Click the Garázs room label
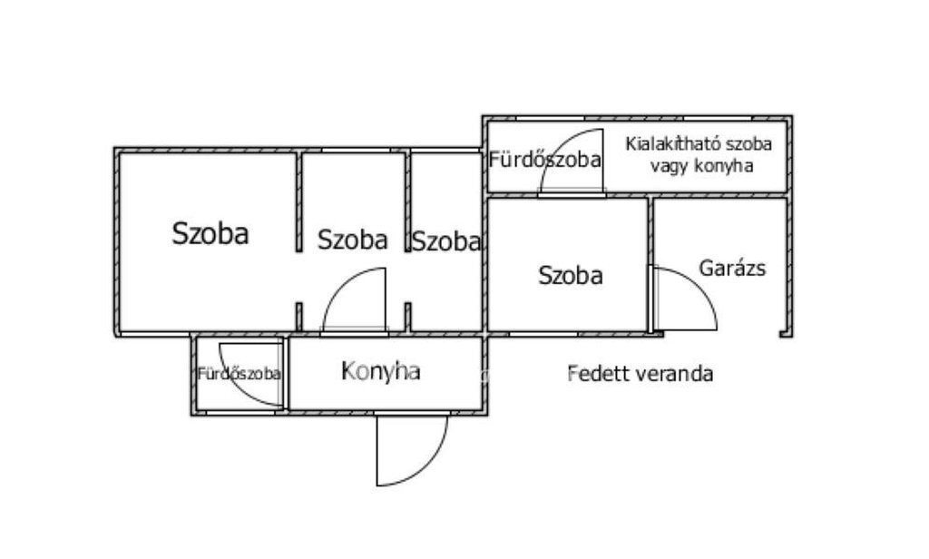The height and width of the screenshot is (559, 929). pyautogui.click(x=732, y=269)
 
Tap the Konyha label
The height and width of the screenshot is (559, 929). pyautogui.click(x=381, y=371)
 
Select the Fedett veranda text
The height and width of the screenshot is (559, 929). pyautogui.click(x=640, y=374)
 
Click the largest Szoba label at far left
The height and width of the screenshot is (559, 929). pyautogui.click(x=210, y=233)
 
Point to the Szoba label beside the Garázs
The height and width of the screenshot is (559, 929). pyautogui.click(x=571, y=276)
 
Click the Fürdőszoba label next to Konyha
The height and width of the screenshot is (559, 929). pyautogui.click(x=239, y=374)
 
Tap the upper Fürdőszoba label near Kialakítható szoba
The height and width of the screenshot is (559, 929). pyautogui.click(x=544, y=160)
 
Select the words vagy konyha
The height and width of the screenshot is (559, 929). pyautogui.click(x=701, y=166)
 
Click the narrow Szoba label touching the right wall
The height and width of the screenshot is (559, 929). pyautogui.click(x=445, y=241)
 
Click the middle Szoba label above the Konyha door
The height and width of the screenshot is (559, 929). pyautogui.click(x=353, y=240)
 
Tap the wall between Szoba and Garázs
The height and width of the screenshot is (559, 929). pyautogui.click(x=650, y=265)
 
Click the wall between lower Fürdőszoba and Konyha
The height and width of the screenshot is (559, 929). pyautogui.click(x=286, y=374)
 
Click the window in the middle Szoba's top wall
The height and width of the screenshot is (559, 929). pyautogui.click(x=356, y=150)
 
